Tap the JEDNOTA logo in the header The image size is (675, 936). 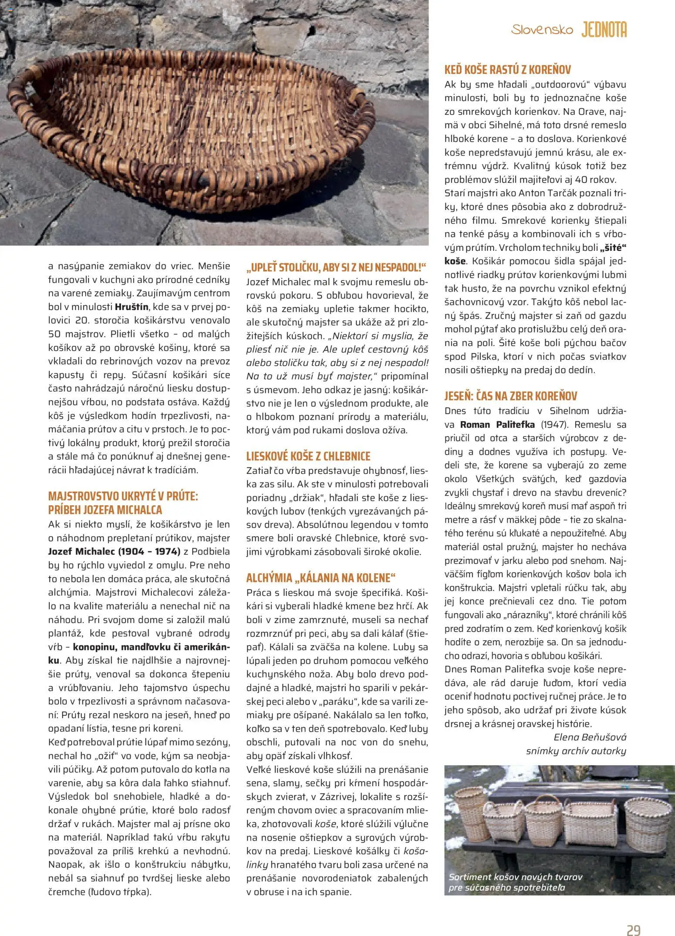604,30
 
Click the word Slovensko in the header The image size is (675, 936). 542,30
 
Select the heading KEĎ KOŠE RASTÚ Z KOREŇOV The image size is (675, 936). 507,70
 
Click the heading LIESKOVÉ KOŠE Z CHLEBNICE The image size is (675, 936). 308,456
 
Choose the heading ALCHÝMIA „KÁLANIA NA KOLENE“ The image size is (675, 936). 321,578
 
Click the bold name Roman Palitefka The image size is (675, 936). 497,425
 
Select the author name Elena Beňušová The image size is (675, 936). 590,737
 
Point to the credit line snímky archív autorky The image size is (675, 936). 576,750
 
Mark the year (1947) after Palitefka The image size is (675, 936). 554,425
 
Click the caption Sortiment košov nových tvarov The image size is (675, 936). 515,877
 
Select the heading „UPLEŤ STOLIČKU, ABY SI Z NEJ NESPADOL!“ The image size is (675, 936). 336,267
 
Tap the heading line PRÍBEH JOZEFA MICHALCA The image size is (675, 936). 105,510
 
